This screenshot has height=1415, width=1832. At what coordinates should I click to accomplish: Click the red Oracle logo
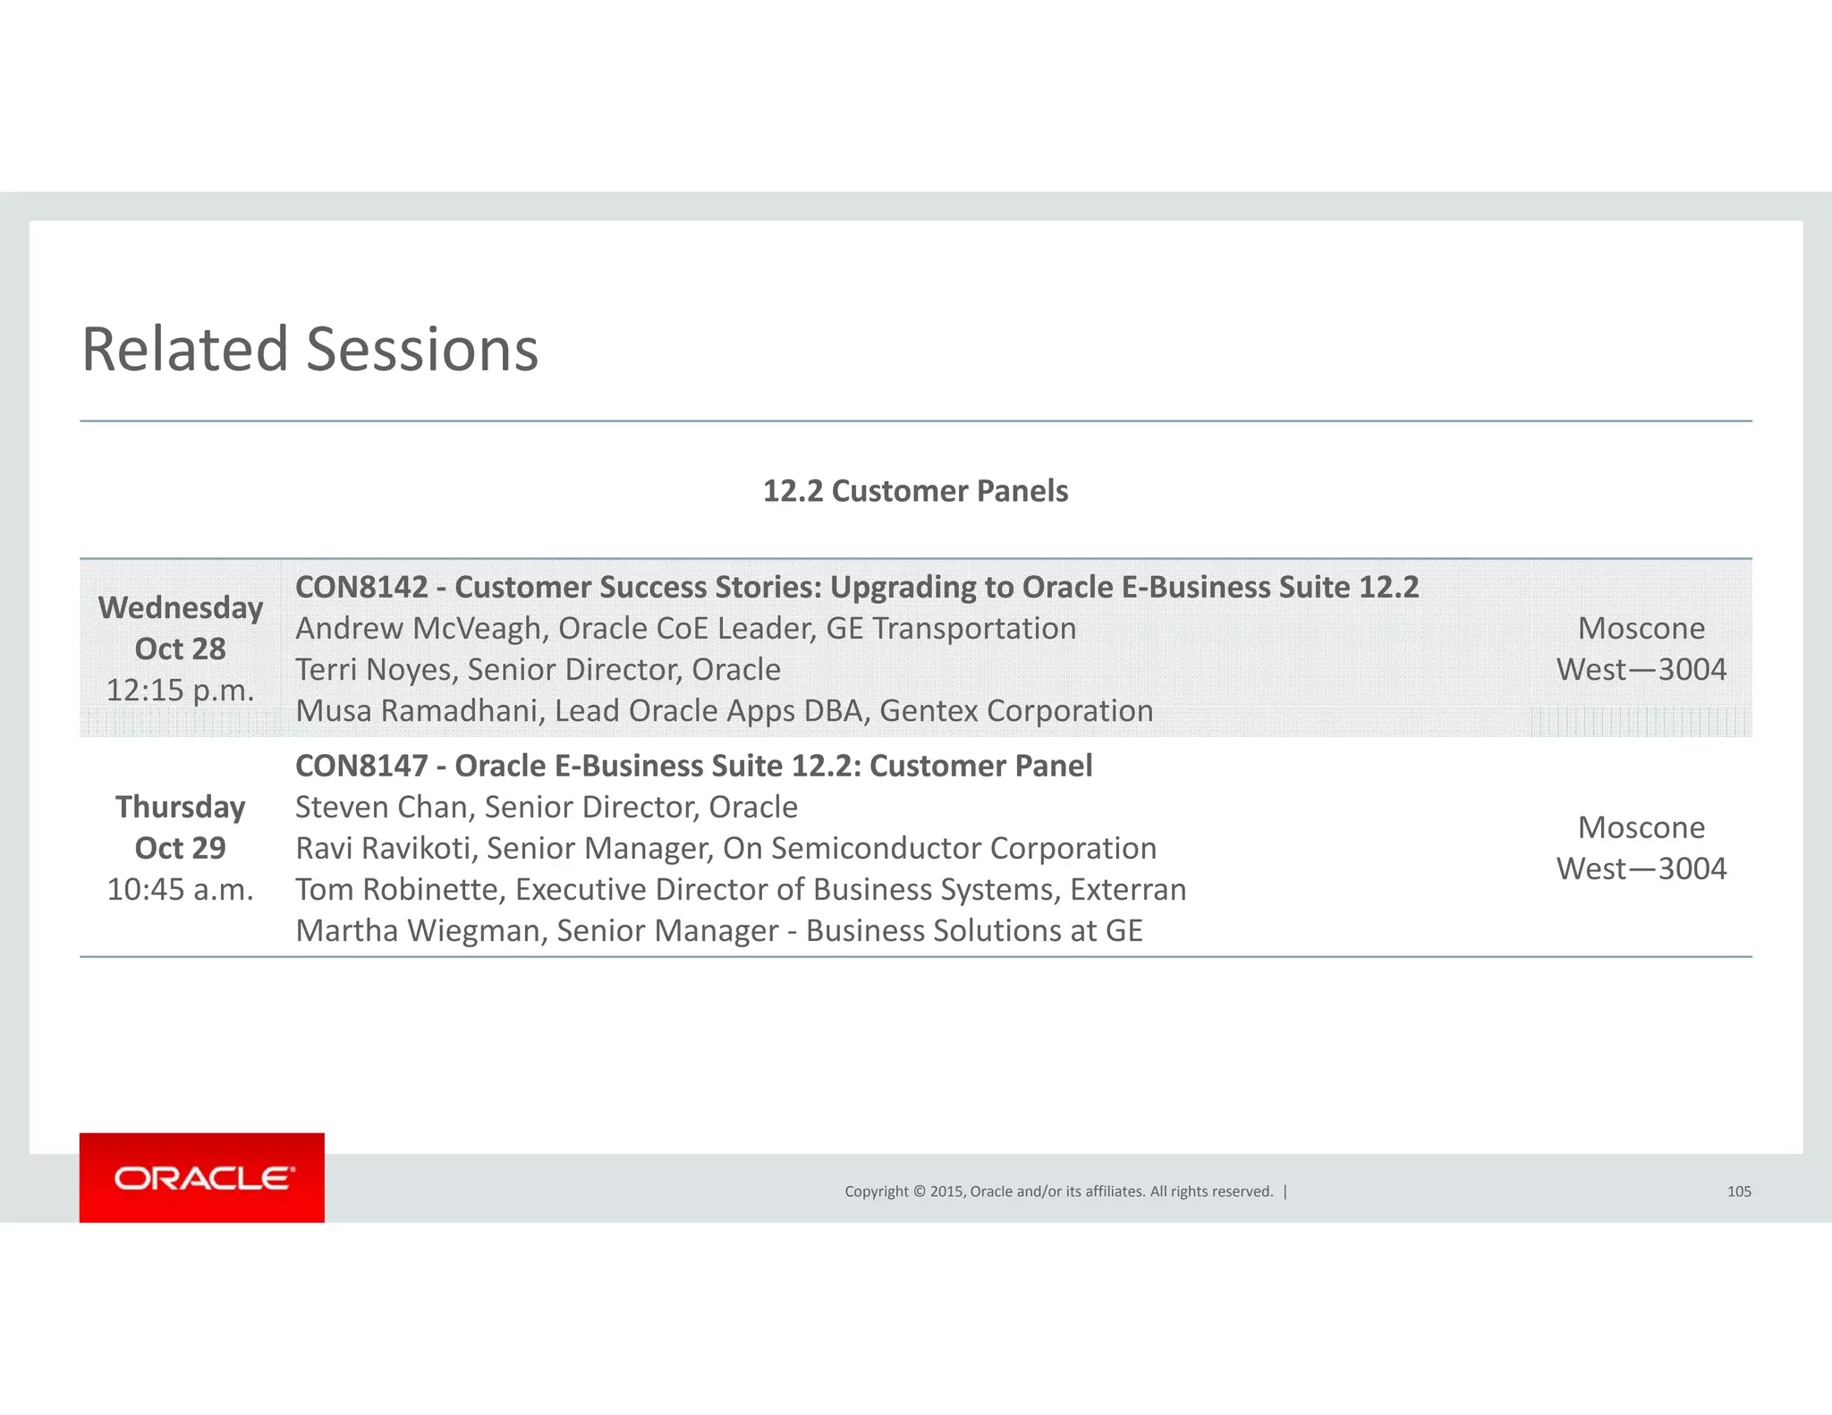pos(202,1177)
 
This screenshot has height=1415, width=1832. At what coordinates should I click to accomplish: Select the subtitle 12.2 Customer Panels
pos(915,491)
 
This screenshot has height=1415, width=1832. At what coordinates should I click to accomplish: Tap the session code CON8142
pos(361,588)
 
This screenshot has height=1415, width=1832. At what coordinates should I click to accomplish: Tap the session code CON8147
pos(361,767)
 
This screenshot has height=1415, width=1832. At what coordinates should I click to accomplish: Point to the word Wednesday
pos(181,608)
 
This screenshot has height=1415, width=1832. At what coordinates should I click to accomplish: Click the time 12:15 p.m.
pos(181,691)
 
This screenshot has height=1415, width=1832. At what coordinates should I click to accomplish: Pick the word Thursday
pos(181,807)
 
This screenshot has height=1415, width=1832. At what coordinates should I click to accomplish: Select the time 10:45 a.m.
pos(181,890)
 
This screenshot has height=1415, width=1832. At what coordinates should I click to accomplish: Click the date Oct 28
pos(181,649)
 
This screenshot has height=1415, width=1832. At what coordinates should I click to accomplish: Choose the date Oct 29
pos(181,848)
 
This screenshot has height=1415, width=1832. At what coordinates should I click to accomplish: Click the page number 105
pos(1739,1191)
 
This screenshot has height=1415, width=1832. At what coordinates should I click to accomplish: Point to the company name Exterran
pos(1128,890)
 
